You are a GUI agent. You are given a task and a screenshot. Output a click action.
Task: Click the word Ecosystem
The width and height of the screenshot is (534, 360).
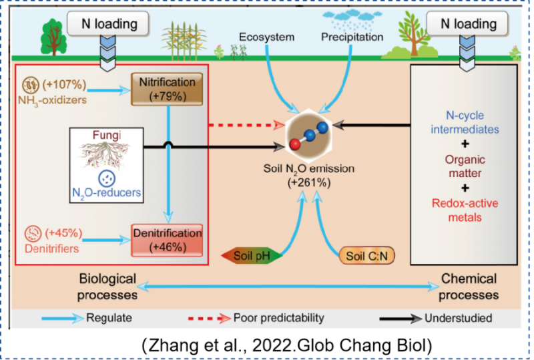click(x=267, y=37)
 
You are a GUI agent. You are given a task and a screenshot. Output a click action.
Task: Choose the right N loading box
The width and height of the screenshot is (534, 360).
click(x=469, y=24)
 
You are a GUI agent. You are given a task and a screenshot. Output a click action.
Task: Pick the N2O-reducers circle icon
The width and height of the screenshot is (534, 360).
click(x=107, y=178)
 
